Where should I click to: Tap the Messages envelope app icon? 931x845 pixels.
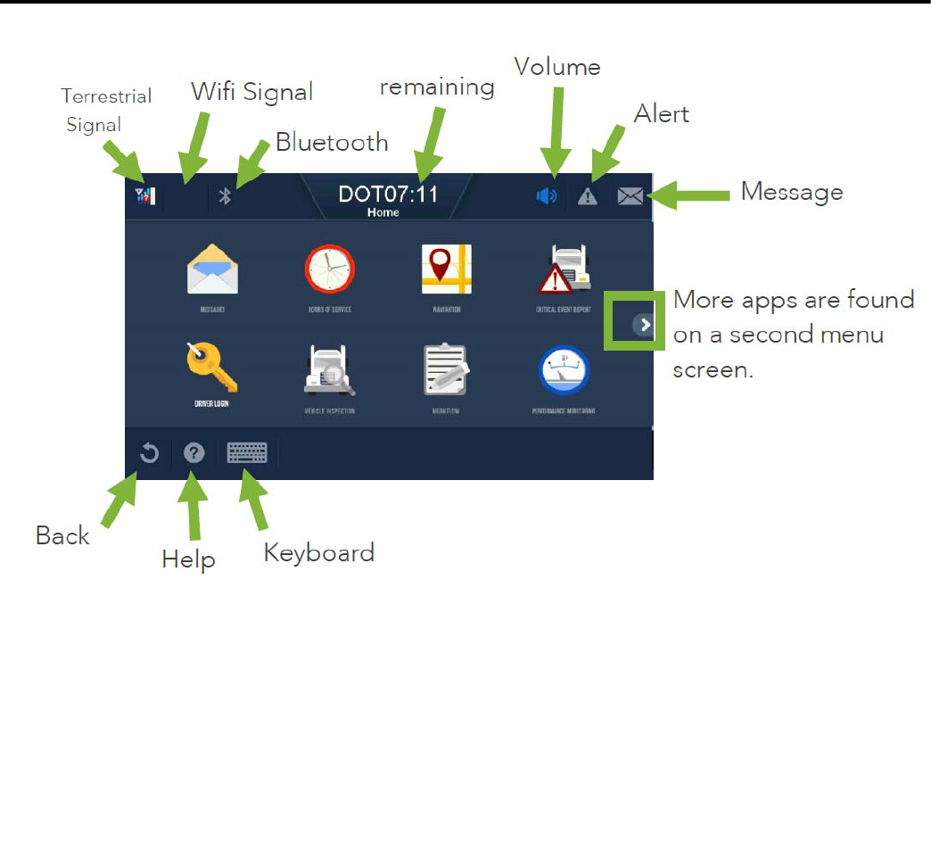(x=212, y=269)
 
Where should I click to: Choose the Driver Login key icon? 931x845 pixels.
(x=212, y=369)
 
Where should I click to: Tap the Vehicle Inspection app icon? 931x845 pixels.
(x=330, y=370)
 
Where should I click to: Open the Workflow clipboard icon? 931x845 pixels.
(x=446, y=370)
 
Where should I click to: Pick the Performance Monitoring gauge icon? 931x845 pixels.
(x=564, y=370)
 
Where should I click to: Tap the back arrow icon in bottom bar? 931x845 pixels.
(x=149, y=453)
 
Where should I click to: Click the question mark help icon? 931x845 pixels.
(x=194, y=453)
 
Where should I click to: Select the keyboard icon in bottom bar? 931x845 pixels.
(x=247, y=453)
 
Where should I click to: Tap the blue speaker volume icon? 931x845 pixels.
(x=547, y=196)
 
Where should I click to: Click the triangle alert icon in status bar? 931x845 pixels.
(x=587, y=196)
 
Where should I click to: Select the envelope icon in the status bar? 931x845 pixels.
(x=630, y=196)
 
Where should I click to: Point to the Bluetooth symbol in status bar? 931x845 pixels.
(x=226, y=196)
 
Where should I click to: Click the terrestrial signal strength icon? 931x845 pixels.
(x=144, y=195)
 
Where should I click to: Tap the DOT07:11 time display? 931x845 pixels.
(x=388, y=194)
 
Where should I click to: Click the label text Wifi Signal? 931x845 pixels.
(x=252, y=91)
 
